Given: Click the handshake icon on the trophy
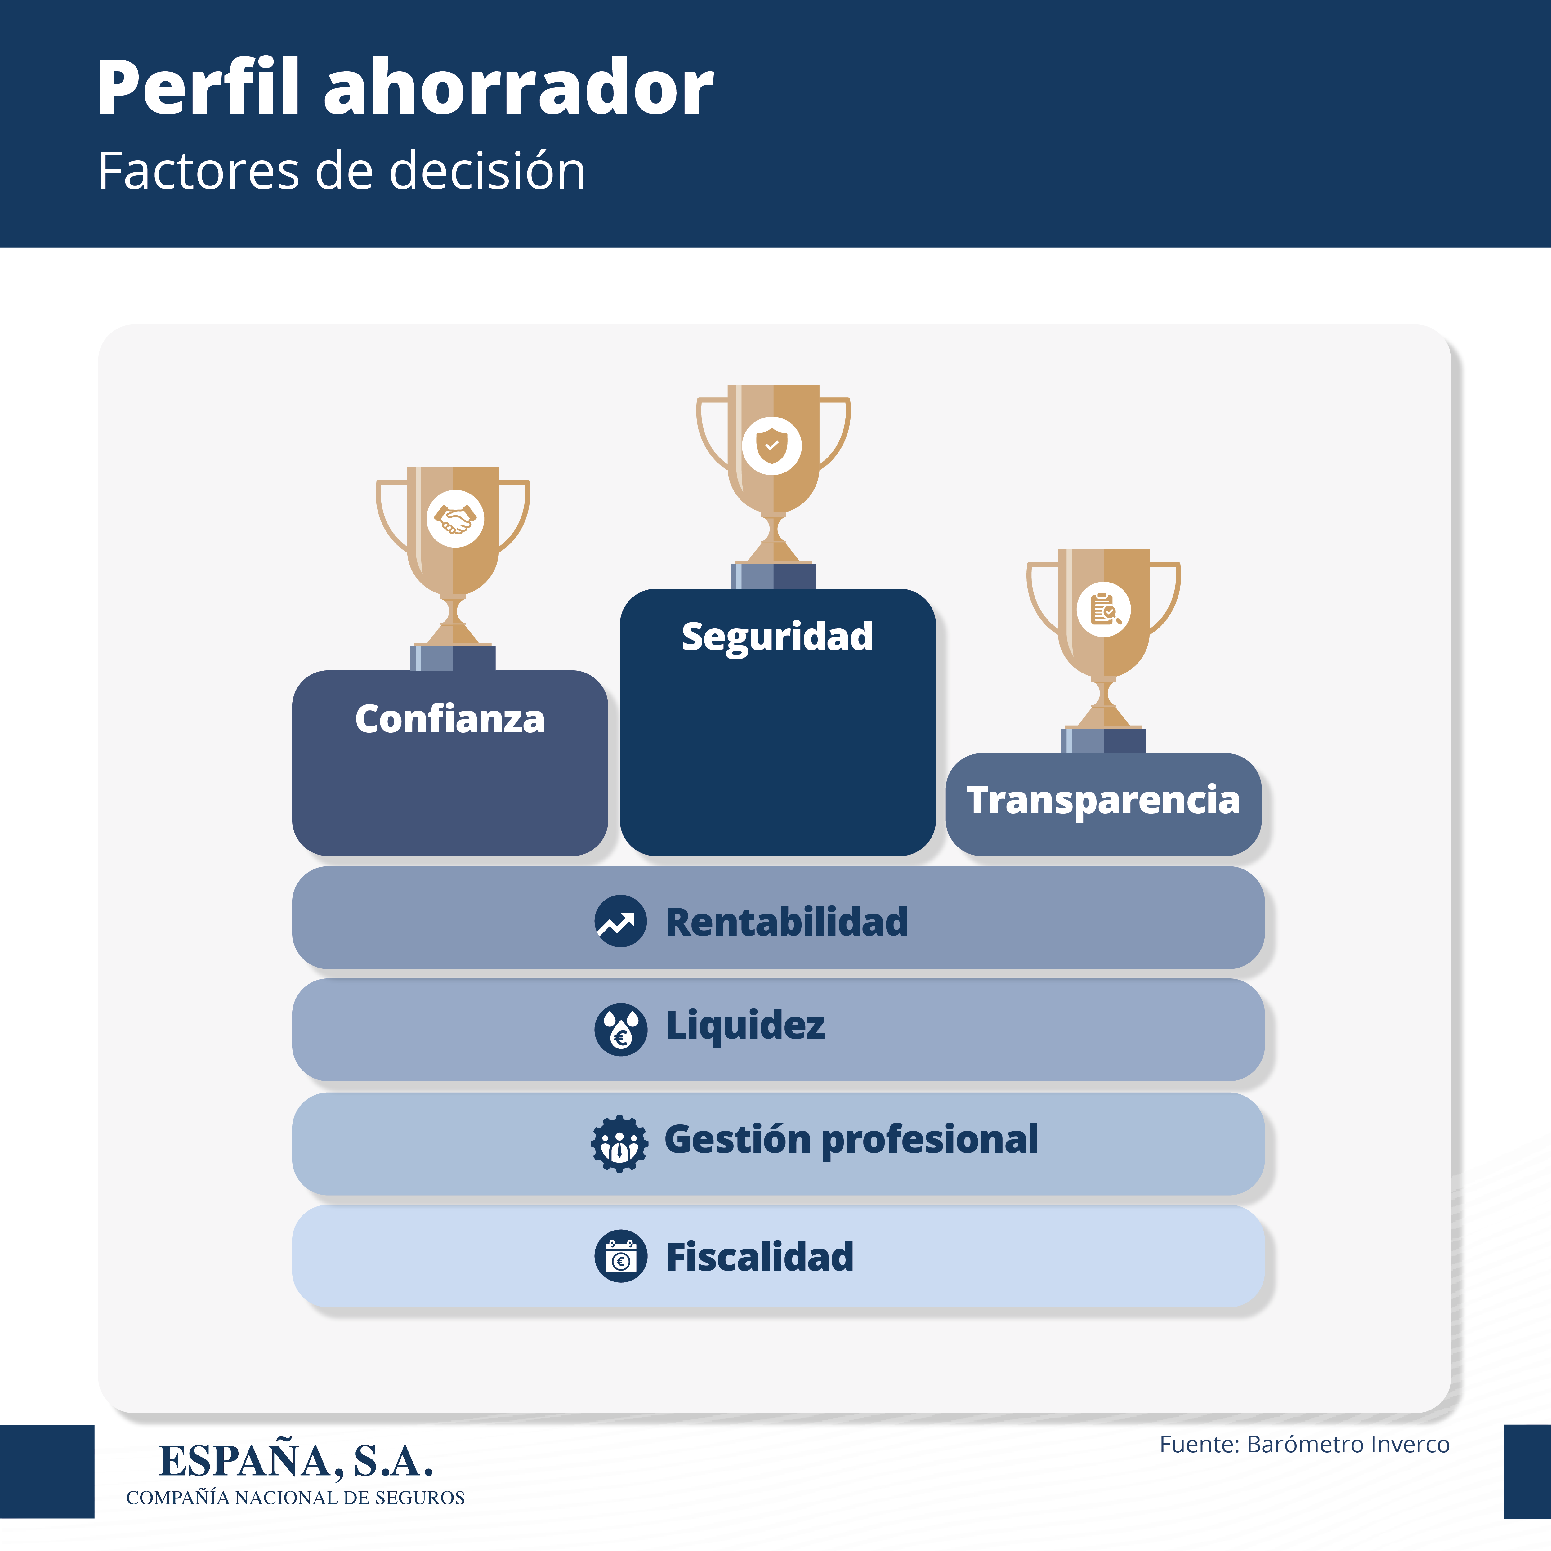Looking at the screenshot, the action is click(x=455, y=519).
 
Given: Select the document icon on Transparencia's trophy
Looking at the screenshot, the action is click(x=1104, y=609).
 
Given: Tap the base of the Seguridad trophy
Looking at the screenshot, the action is click(x=773, y=576).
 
